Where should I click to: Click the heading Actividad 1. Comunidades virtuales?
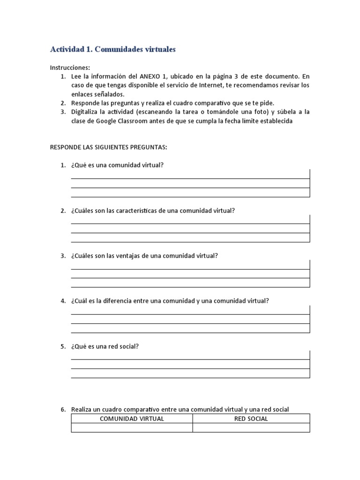click(x=112, y=49)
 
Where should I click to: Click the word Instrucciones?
click(x=69, y=67)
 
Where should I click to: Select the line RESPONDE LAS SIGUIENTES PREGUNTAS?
click(x=108, y=147)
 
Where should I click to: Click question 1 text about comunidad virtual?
click(x=117, y=165)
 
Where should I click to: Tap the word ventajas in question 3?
click(x=127, y=256)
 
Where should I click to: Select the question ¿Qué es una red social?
click(x=105, y=346)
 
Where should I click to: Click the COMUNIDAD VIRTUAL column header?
click(x=132, y=419)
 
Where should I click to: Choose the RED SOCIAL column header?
click(x=251, y=419)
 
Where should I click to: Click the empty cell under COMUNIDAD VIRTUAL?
click(x=132, y=427)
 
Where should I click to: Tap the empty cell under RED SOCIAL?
click(x=251, y=427)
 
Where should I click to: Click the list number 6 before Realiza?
click(x=63, y=410)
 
